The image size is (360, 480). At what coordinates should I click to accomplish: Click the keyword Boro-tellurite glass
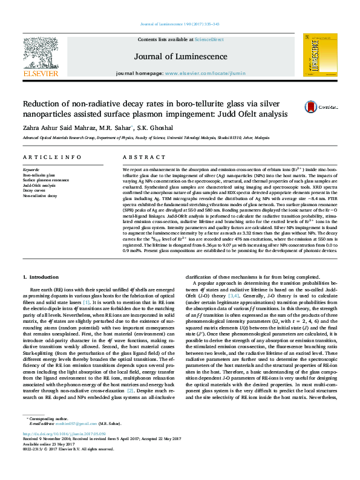pyautogui.click(x=39, y=175)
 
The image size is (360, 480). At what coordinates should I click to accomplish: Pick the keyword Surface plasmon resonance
pyautogui.click(x=46, y=180)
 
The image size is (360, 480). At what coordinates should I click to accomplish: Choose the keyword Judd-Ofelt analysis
pyautogui.click(x=39, y=186)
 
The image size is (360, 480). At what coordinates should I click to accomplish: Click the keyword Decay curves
pyautogui.click(x=34, y=191)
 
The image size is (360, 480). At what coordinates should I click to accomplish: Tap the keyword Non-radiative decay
pyautogui.click(x=40, y=196)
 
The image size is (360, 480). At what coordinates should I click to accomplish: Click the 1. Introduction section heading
pyautogui.click(x=41, y=276)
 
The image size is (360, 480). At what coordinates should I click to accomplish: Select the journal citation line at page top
pyautogui.click(x=180, y=24)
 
